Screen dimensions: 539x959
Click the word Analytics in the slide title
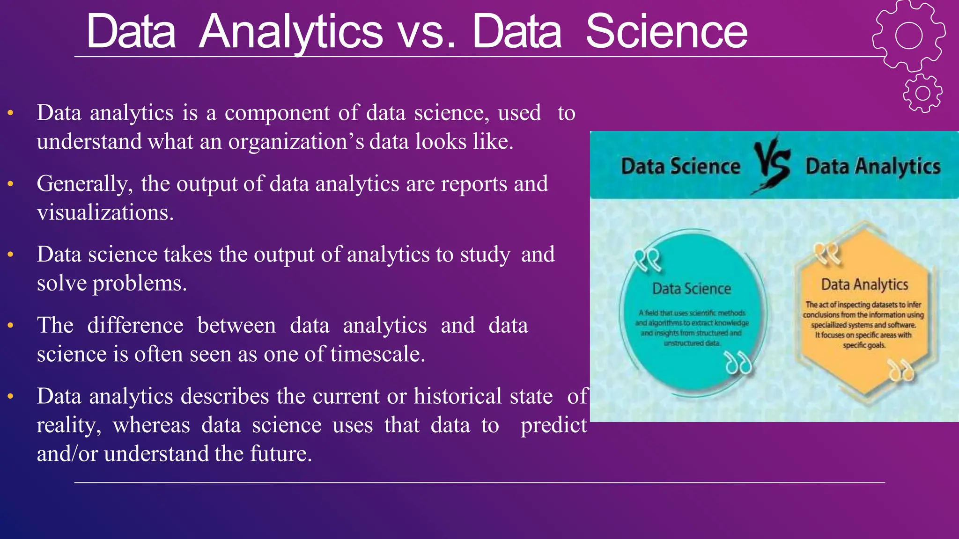pos(291,32)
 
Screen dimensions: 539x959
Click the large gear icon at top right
pos(908,36)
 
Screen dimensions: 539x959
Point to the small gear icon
pos(922,93)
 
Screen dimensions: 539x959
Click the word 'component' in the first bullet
pos(277,113)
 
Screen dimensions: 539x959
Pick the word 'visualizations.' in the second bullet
pos(105,212)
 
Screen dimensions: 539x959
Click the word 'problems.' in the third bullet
pos(140,283)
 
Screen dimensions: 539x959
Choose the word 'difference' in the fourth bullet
pos(135,325)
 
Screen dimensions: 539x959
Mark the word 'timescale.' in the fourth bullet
pos(377,354)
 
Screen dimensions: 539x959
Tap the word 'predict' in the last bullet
pos(553,425)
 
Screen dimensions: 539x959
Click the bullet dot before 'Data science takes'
pos(10,255)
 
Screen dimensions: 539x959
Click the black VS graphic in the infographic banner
pos(772,165)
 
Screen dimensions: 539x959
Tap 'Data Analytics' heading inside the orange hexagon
pos(864,284)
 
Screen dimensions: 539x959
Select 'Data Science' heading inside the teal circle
pos(692,289)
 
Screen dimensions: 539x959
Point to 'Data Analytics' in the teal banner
pos(873,166)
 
